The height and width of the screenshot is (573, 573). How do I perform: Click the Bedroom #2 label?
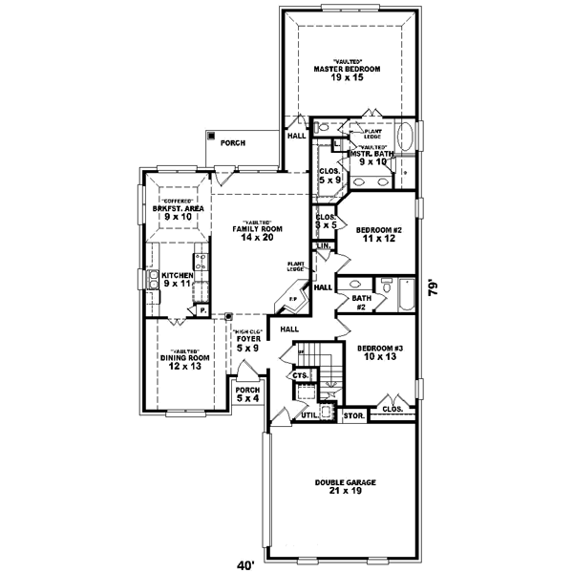click(376, 235)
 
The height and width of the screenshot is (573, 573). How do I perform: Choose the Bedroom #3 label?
click(374, 353)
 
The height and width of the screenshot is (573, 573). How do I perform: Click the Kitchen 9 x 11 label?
click(178, 281)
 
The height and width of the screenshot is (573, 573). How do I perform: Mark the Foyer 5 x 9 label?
click(248, 341)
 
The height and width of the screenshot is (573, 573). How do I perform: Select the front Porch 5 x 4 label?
click(247, 394)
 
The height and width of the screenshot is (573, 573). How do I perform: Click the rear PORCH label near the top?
click(233, 142)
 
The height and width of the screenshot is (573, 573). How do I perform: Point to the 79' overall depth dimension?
click(435, 286)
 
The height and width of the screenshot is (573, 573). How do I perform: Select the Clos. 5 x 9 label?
click(329, 177)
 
